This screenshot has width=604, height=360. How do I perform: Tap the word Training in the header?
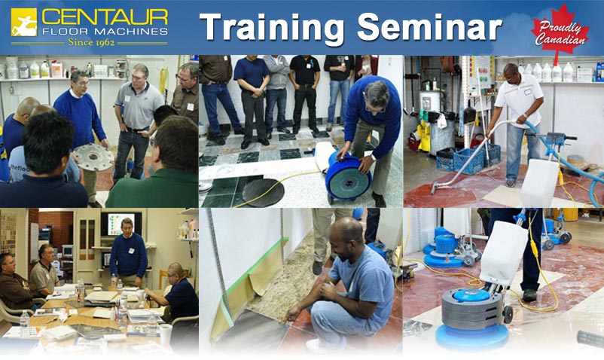272,28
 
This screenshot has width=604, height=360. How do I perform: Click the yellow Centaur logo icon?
24,22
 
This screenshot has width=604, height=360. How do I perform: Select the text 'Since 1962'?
91,42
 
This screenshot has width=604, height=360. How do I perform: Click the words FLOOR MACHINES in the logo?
105,31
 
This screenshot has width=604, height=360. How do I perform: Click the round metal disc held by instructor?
93,157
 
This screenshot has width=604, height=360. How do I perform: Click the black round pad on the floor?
263,193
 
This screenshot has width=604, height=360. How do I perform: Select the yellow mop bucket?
423,139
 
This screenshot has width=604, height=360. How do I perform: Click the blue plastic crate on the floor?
468,159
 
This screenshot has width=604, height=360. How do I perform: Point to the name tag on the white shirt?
527,92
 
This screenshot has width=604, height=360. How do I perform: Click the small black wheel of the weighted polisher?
508,315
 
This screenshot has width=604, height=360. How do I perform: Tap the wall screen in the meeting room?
121,224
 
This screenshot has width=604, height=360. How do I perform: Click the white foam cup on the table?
165,334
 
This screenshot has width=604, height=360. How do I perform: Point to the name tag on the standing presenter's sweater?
131,251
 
